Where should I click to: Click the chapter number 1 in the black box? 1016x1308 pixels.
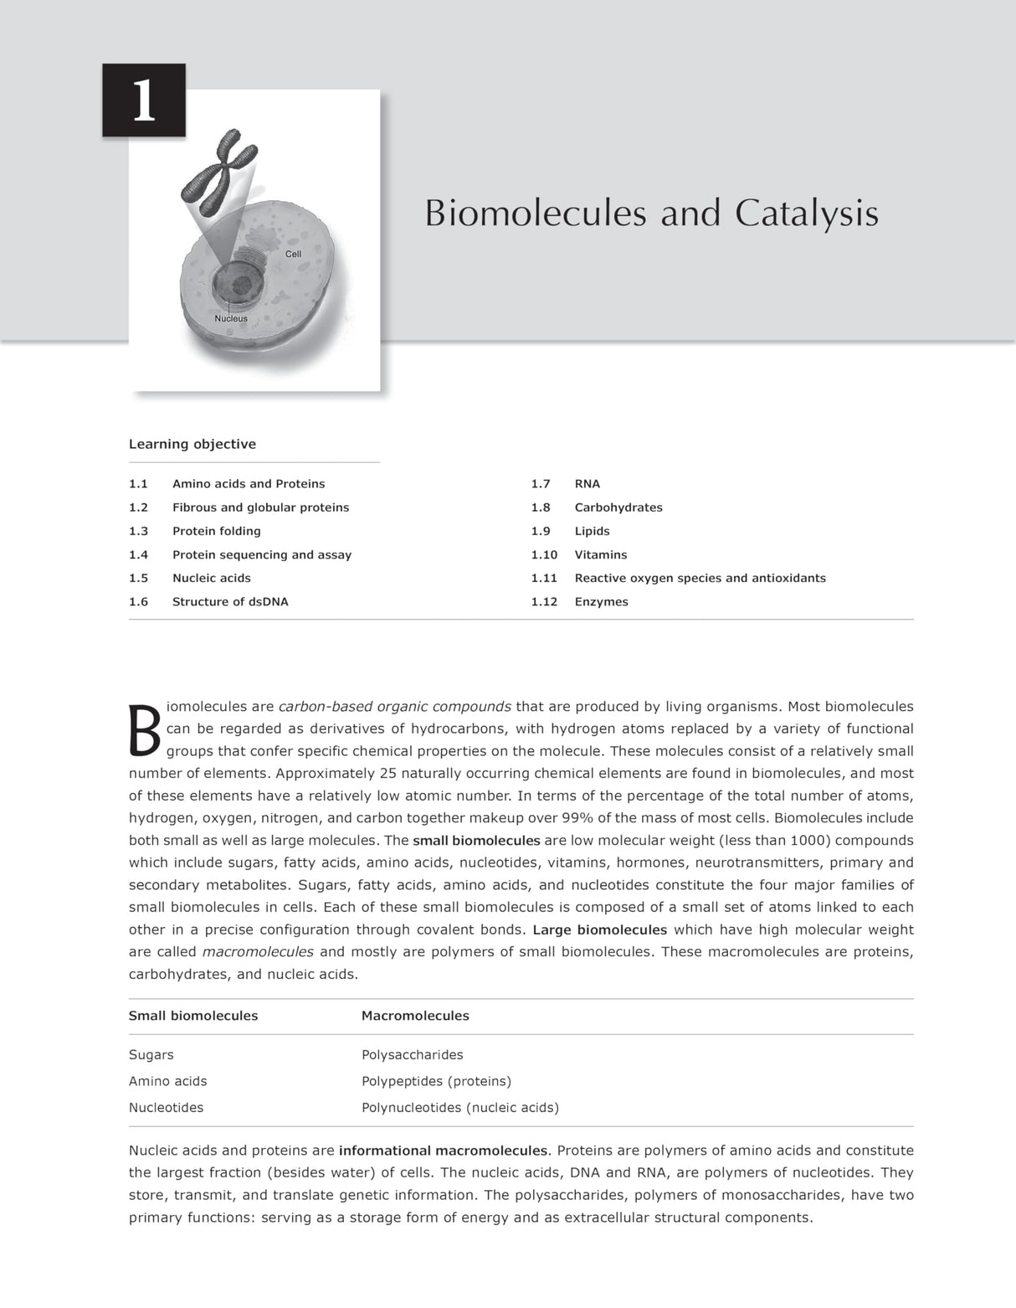144,101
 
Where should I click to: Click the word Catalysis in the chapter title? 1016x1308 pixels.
807,214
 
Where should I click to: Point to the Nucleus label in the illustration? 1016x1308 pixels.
231,319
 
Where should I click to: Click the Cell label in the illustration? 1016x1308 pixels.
293,254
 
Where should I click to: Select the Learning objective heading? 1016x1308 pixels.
192,445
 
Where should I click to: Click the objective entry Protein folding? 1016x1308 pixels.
217,531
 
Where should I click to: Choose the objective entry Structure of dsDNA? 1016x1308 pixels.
230,601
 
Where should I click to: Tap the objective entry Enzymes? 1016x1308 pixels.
601,601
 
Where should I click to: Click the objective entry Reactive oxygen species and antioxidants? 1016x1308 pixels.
700,578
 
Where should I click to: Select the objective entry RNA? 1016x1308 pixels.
587,484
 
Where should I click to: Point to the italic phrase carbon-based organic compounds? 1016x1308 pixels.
394,707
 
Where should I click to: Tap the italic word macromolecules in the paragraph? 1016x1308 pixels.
258,952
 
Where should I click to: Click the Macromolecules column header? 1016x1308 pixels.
415,1016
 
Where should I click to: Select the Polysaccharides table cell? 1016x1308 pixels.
412,1055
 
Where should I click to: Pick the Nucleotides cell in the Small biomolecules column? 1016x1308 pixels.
166,1108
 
